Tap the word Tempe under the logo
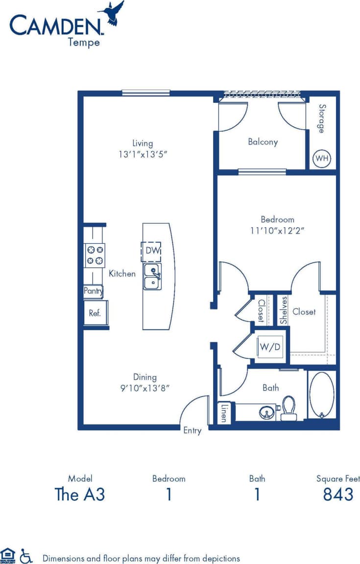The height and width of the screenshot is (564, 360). point(84,43)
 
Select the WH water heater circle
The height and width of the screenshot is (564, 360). point(321,159)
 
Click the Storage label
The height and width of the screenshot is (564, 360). point(322,118)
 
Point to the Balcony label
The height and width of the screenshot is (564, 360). point(263,142)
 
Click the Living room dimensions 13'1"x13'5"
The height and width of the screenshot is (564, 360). point(143,154)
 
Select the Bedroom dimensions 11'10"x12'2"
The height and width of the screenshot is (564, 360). point(277,231)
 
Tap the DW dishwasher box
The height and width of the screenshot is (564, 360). point(151,251)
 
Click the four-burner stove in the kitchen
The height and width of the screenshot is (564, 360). point(95,255)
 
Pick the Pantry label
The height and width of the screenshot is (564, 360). point(93,291)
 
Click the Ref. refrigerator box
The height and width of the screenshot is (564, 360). point(95,313)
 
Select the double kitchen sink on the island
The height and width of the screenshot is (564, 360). point(153,277)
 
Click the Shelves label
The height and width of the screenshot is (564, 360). point(284,310)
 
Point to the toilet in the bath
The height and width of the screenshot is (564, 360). point(289,409)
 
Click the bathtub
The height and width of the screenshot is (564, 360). point(322,395)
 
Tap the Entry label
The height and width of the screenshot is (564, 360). point(192,431)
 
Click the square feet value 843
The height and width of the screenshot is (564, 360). point(338,494)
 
